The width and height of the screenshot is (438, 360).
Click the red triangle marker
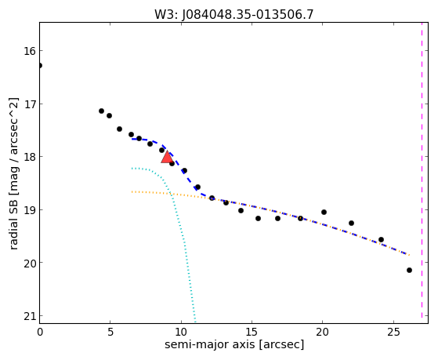pyautogui.click(x=167, y=157)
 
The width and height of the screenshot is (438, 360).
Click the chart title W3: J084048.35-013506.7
pyautogui.click(x=233, y=15)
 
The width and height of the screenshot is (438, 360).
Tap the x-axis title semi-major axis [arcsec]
pyautogui.click(x=234, y=344)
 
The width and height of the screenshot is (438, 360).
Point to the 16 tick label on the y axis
pyautogui.click(x=30, y=51)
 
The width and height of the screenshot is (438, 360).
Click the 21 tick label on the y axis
pyautogui.click(x=30, y=316)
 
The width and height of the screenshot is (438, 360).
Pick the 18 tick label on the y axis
pyautogui.click(x=30, y=157)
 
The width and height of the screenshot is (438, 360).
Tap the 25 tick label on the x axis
pyautogui.click(x=393, y=333)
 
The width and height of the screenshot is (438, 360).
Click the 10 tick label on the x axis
pyautogui.click(x=181, y=333)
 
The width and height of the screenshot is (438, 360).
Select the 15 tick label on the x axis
pyautogui.click(x=252, y=333)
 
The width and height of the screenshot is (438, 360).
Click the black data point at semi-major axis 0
pyautogui.click(x=40, y=65)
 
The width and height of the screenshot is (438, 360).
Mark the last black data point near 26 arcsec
pyautogui.click(x=409, y=271)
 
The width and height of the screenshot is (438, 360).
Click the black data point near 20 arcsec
pyautogui.click(x=324, y=212)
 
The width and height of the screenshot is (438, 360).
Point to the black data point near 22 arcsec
pyautogui.click(x=351, y=223)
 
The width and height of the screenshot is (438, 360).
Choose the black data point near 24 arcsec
pyautogui.click(x=381, y=239)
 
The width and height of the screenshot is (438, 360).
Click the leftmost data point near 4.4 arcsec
pyautogui.click(x=101, y=111)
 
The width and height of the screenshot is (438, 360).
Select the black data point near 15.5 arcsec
pyautogui.click(x=258, y=218)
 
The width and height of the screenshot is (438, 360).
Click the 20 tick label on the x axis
pyautogui.click(x=322, y=333)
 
